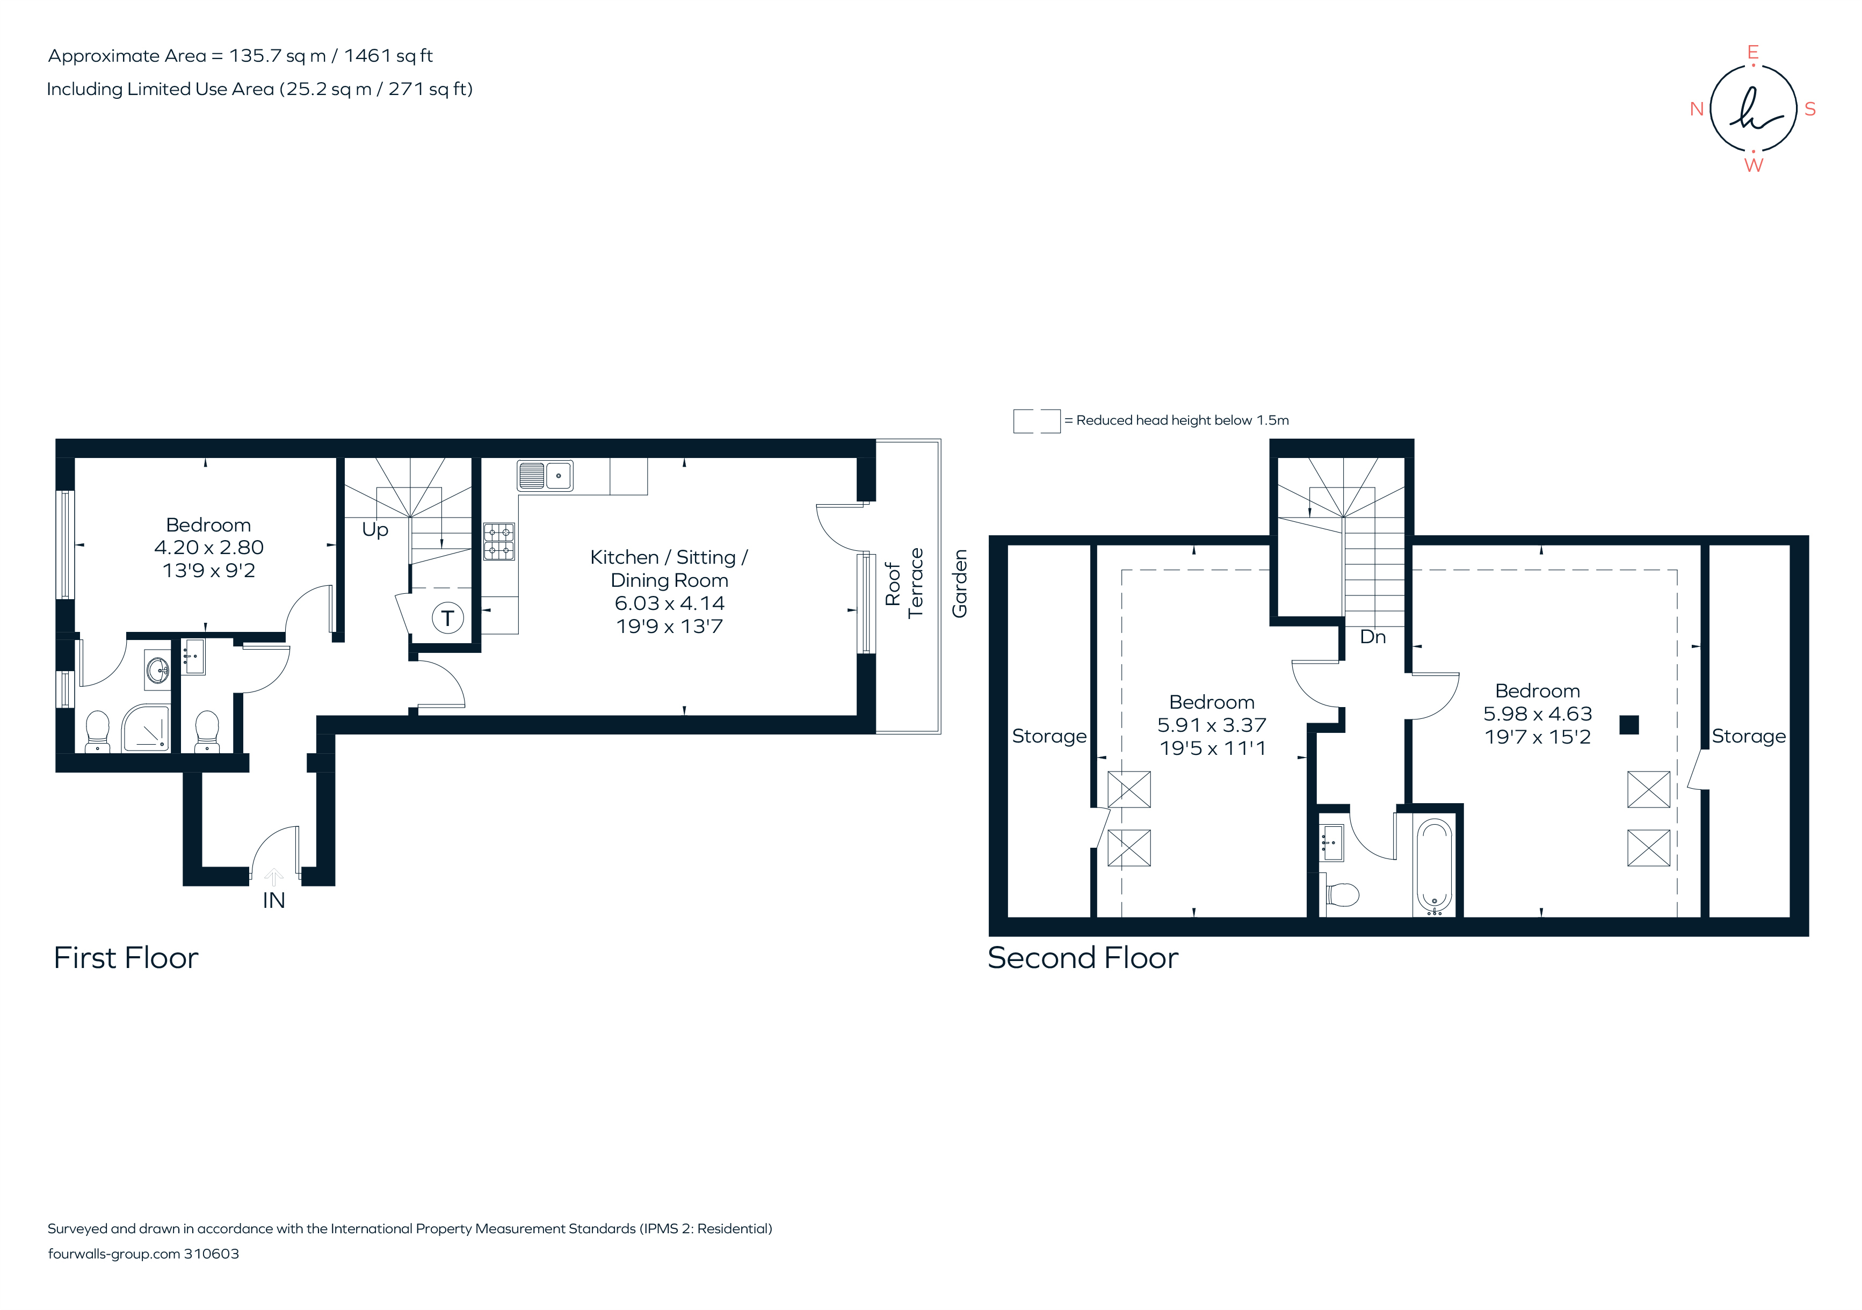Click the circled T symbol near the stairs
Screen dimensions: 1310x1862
[447, 618]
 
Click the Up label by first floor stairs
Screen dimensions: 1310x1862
[375, 529]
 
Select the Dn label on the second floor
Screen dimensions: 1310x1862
[1372, 637]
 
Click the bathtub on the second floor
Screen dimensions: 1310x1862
[1434, 867]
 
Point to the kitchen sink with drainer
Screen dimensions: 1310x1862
[545, 476]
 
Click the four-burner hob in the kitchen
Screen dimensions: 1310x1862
[499, 542]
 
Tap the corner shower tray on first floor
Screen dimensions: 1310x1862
[146, 728]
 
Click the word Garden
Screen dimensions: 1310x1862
[959, 584]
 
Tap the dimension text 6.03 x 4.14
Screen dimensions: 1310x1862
[669, 603]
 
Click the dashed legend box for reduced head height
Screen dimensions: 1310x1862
[1037, 421]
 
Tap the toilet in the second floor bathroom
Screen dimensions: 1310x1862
[1342, 895]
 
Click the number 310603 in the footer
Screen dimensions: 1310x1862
[211, 1254]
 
